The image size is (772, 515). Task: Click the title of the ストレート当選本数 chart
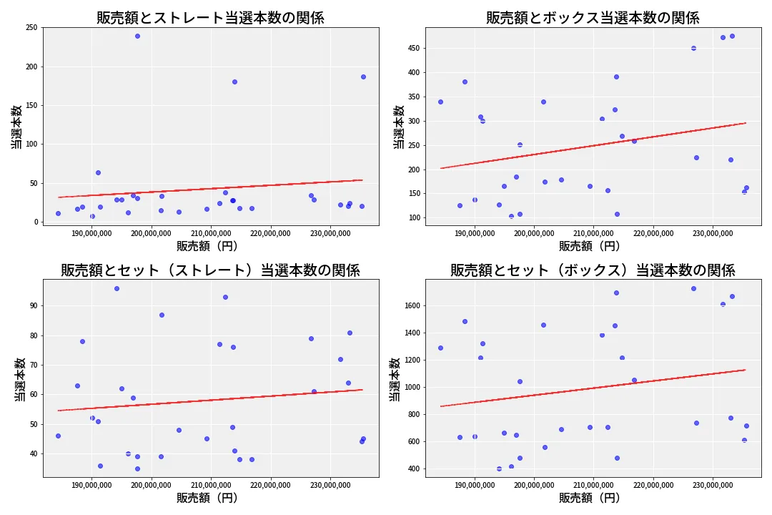tap(210, 18)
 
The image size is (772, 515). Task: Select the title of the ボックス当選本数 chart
tap(593, 18)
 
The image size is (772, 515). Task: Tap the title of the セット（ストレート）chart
tap(210, 270)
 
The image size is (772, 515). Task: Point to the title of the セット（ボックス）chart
tap(593, 270)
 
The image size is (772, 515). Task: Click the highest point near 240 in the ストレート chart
tap(137, 36)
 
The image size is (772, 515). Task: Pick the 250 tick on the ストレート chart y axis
tap(31, 28)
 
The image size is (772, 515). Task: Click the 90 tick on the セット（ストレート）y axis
tap(34, 305)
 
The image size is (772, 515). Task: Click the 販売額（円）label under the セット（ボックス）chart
tap(593, 499)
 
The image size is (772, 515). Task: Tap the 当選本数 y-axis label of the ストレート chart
tap(16, 127)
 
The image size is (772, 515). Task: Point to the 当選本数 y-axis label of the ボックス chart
tap(398, 127)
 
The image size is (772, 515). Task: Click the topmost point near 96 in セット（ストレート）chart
tap(117, 288)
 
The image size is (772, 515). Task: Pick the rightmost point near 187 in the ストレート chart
tap(363, 77)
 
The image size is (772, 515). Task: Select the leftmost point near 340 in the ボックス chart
tap(440, 102)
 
